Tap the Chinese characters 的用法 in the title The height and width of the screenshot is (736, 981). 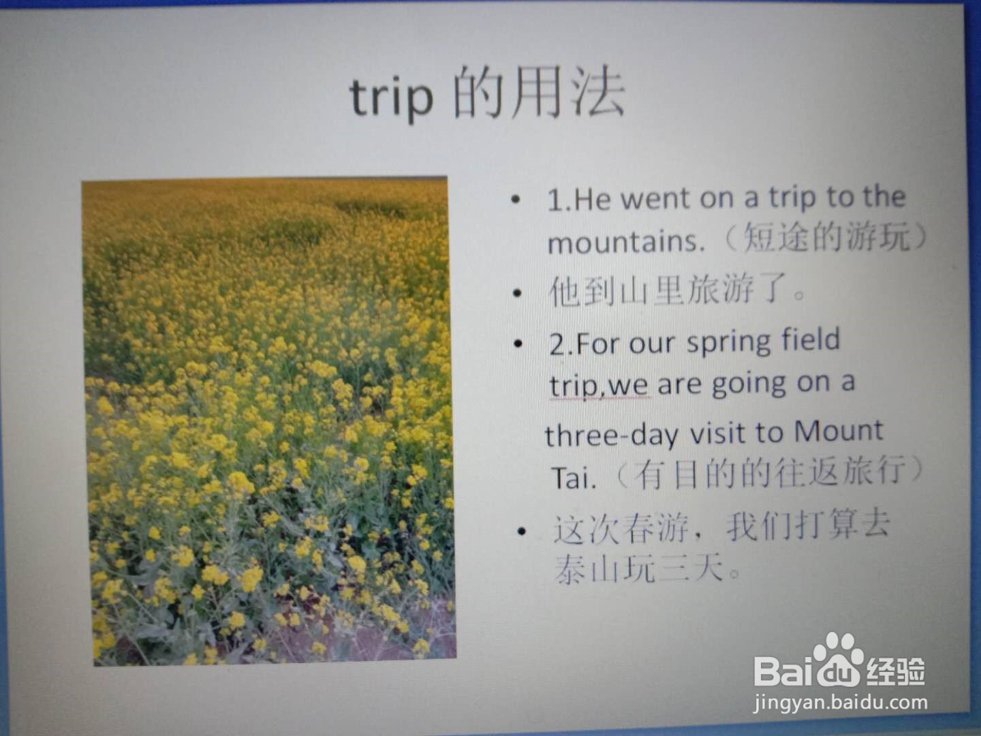[x=539, y=93]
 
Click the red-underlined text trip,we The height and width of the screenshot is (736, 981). [x=599, y=385]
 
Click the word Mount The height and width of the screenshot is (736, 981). [x=839, y=431]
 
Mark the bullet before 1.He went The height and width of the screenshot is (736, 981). [x=516, y=199]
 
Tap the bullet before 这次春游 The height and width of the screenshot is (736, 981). [x=521, y=532]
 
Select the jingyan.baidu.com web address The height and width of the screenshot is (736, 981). [x=841, y=703]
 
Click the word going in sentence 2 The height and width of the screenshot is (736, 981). [x=749, y=385]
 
